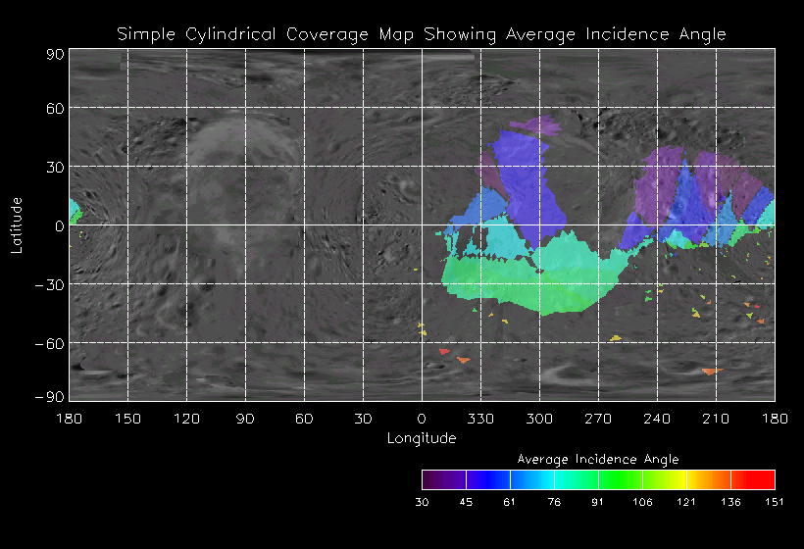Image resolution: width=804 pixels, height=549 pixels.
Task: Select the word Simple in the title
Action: click(x=146, y=34)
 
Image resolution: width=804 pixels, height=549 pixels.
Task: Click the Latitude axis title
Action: click(x=17, y=225)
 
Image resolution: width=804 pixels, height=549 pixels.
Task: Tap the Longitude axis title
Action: click(x=422, y=438)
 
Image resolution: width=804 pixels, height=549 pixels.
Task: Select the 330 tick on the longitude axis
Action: click(x=480, y=419)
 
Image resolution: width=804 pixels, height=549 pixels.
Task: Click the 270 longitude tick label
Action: click(x=598, y=419)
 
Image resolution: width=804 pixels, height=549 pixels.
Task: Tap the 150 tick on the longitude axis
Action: click(x=127, y=419)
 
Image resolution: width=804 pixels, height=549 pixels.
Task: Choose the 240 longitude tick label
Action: click(x=657, y=419)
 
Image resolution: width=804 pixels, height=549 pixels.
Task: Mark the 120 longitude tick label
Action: click(x=186, y=419)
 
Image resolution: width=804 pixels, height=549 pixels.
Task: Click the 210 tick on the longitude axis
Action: click(x=716, y=419)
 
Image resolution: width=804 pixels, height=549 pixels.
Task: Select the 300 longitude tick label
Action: click(x=539, y=419)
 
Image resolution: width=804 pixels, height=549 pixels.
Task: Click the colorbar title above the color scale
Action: click(x=598, y=459)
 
